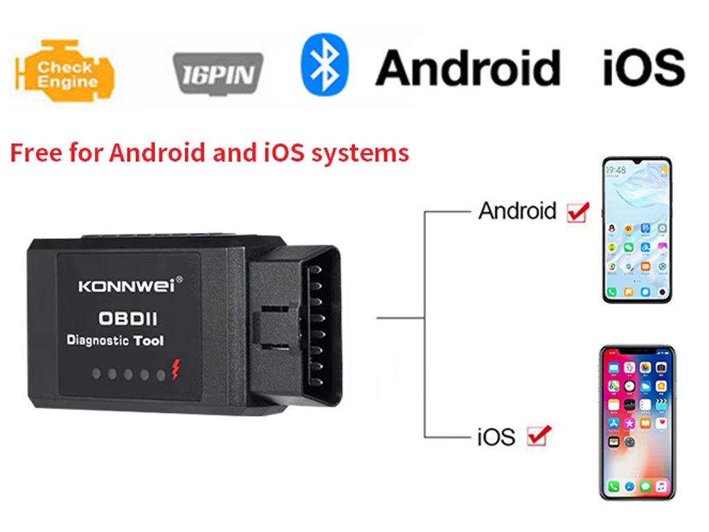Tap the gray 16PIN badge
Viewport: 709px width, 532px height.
217,73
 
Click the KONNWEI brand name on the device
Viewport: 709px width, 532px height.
127,285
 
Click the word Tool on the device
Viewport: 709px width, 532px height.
148,340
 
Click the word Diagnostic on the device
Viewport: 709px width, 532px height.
97,340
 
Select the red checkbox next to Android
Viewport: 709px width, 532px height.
577,211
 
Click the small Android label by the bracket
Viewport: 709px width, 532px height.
517,211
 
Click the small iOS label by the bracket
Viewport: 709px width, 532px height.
496,437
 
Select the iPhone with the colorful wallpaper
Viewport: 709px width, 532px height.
636,422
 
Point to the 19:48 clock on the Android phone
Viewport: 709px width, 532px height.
616,169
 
